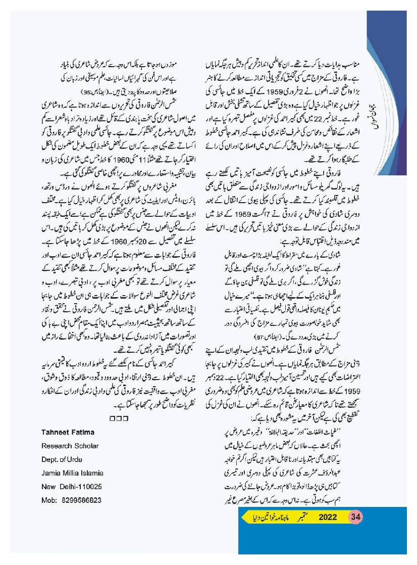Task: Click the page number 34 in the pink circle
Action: point(356,517)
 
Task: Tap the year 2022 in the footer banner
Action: point(328,517)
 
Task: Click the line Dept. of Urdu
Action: point(58,459)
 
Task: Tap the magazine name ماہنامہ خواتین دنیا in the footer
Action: point(266,518)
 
